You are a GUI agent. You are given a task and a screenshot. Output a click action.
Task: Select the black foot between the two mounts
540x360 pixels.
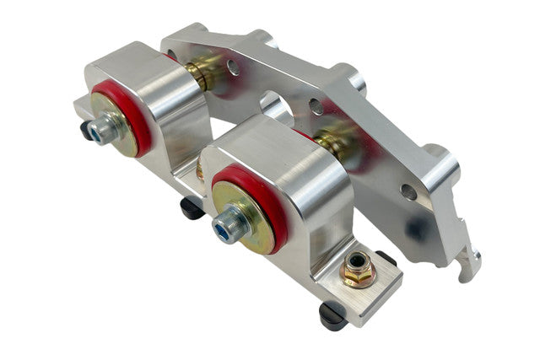tap(192, 207)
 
